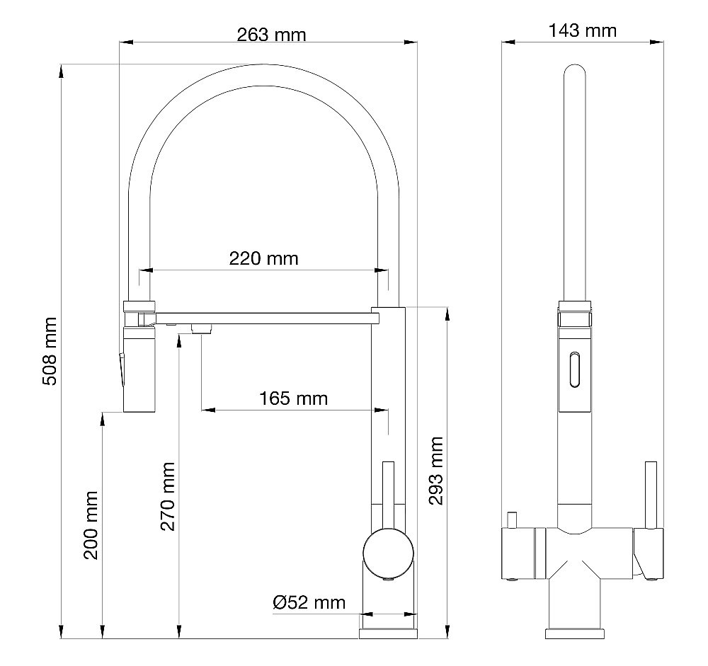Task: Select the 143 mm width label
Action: click(582, 30)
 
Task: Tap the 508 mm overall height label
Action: click(50, 351)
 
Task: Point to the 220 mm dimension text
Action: click(263, 258)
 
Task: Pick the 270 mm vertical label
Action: click(168, 497)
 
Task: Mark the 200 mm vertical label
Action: click(91, 524)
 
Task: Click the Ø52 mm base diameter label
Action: click(309, 602)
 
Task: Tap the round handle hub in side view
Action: click(387, 551)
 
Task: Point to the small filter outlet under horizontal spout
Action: click(202, 328)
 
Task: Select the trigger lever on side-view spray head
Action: click(120, 368)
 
